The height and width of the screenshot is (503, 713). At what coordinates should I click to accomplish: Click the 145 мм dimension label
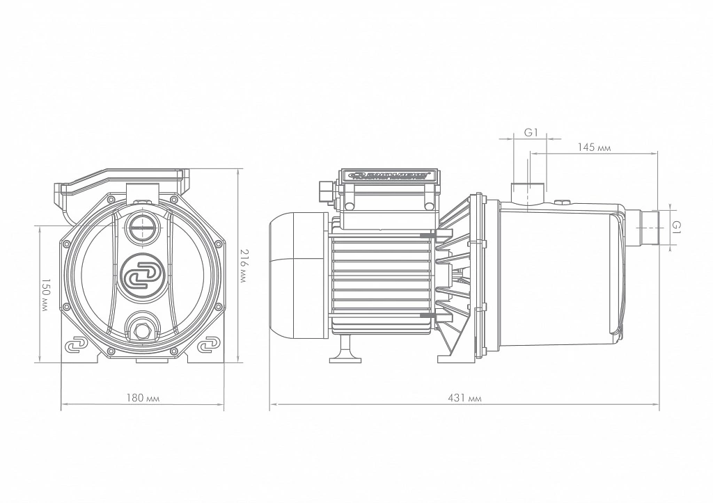coord(593,147)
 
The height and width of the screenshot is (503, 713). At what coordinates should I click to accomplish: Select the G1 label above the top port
coord(531,132)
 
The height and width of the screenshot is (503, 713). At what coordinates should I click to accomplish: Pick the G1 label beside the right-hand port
coord(676,225)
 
